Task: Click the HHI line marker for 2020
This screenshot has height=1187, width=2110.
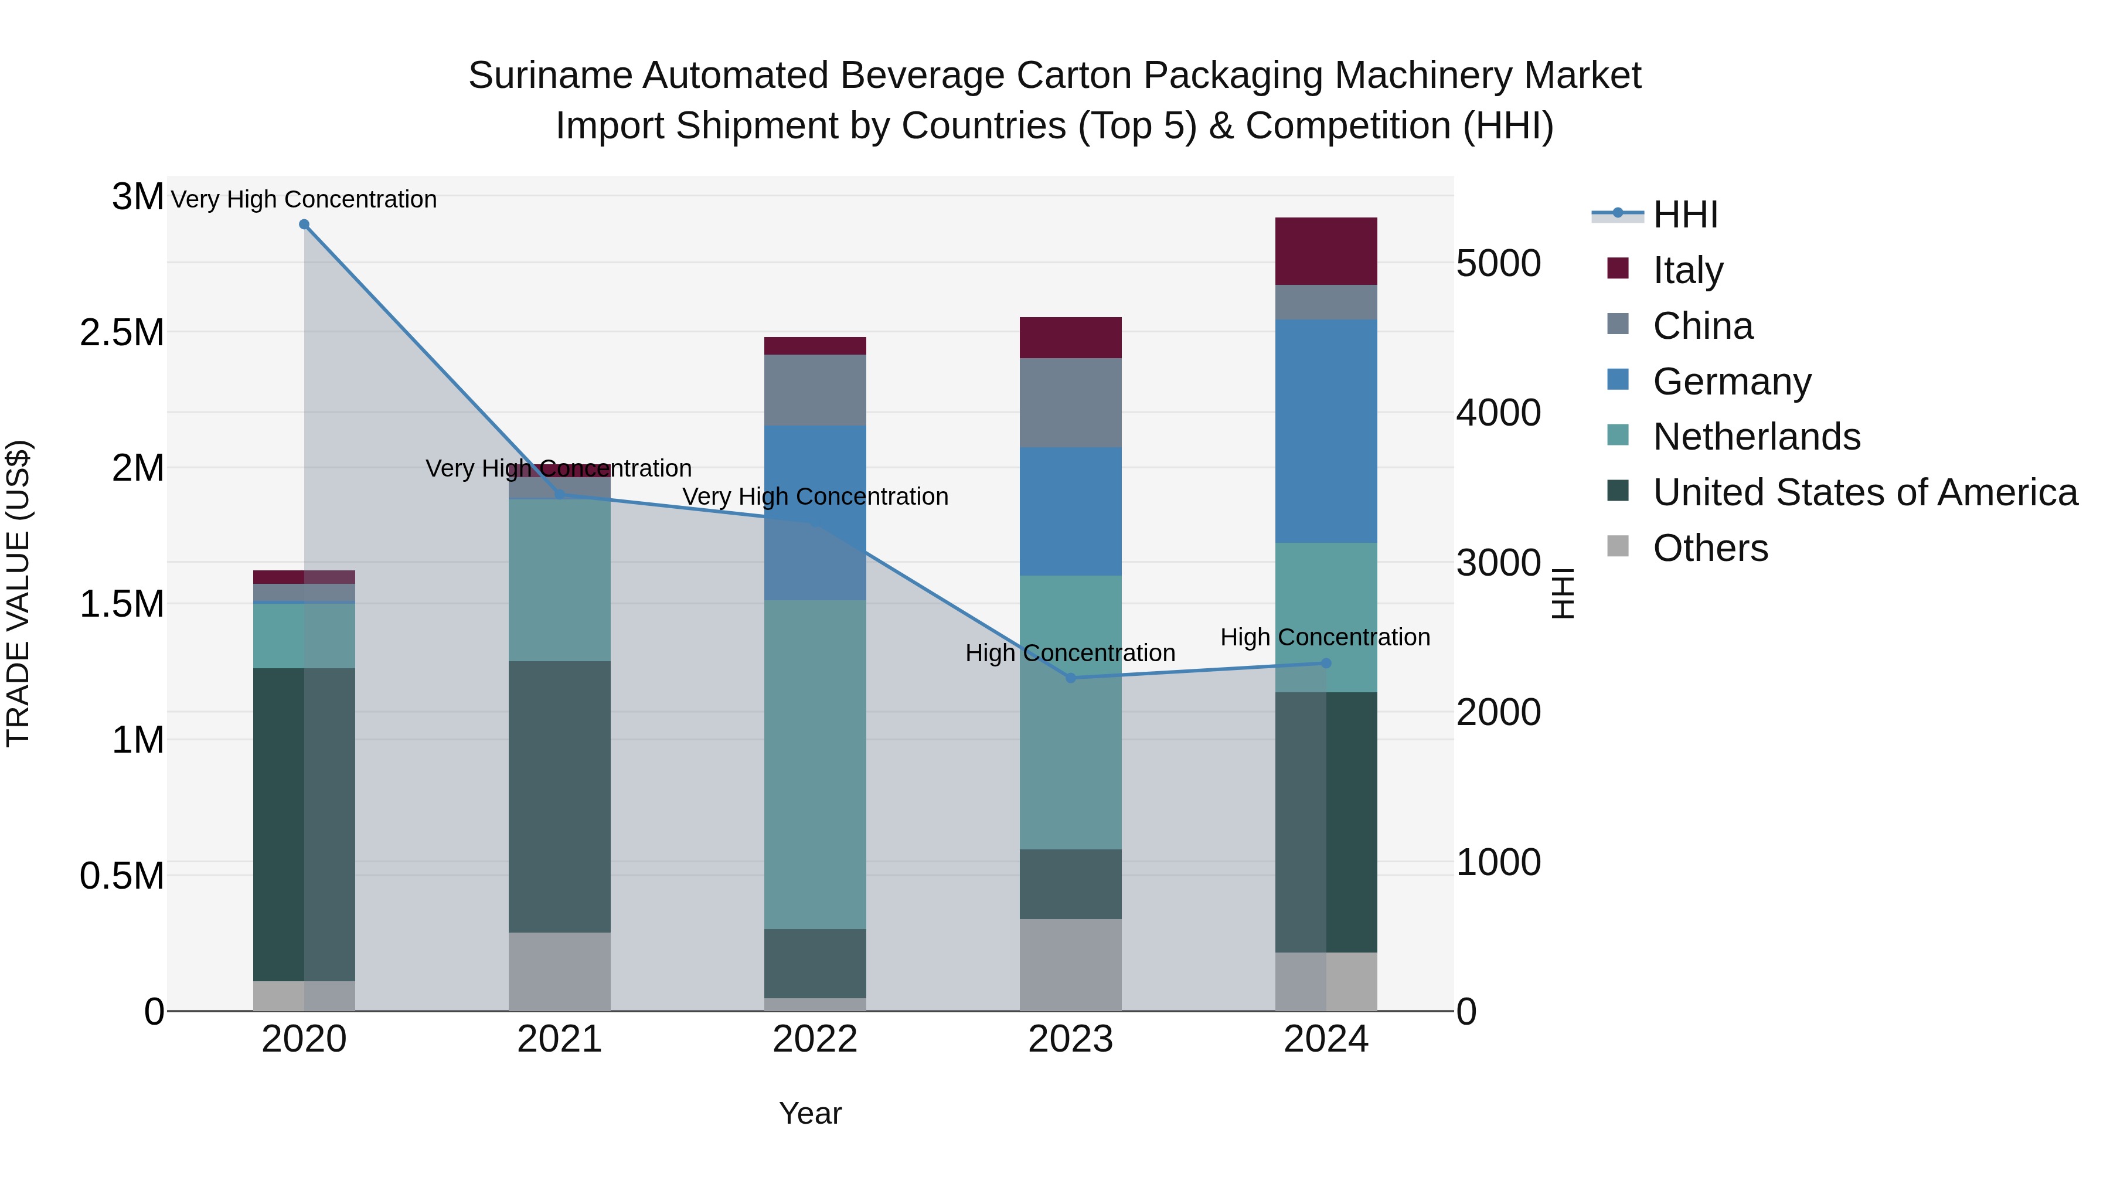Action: (304, 225)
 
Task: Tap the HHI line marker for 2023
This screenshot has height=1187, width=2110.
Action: (1071, 678)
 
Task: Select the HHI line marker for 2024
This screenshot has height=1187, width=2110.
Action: (1326, 664)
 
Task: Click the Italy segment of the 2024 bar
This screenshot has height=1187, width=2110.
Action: (1326, 251)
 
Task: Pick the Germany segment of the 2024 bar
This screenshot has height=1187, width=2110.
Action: (1326, 431)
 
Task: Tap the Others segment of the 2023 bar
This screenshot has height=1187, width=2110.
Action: (1071, 964)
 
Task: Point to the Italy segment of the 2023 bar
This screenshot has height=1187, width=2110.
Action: (1071, 338)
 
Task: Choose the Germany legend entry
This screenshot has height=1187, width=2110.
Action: (1731, 382)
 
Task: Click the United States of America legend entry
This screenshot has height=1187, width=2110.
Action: (1865, 493)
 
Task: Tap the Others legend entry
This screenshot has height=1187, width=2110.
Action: (1710, 548)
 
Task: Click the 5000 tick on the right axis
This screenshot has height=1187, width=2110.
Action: (1498, 264)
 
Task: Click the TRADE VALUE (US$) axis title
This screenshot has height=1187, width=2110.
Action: (18, 593)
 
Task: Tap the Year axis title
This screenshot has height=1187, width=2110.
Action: (810, 1113)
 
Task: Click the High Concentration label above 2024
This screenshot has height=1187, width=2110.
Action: (1325, 637)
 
